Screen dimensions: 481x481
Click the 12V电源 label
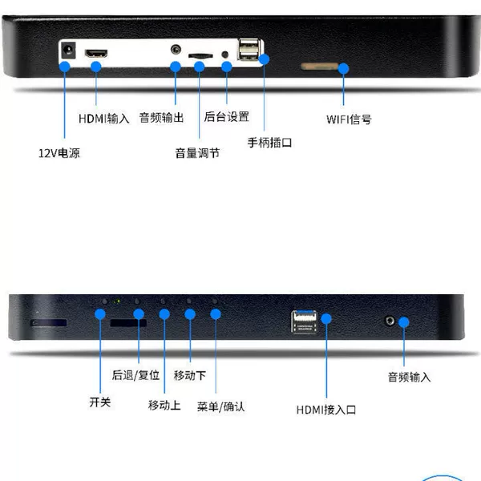tap(59, 153)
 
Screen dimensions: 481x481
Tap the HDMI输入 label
tap(103, 119)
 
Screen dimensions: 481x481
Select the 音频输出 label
tap(161, 118)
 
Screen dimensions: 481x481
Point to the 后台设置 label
tap(226, 116)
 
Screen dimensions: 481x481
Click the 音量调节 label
tap(197, 153)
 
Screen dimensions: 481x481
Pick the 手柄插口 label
tap(269, 143)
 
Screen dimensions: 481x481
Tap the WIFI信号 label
tap(349, 119)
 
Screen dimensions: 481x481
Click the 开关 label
tap(99, 402)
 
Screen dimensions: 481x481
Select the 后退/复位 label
tap(135, 375)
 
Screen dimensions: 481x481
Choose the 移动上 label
tap(164, 405)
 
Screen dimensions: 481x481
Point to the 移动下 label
tap(189, 375)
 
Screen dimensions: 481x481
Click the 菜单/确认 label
tap(221, 406)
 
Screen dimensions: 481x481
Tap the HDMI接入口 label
tap(326, 410)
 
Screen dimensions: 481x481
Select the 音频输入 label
tap(409, 377)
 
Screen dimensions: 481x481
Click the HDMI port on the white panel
tap(96, 54)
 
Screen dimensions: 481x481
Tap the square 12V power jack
tap(68, 50)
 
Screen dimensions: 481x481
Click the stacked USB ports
tap(249, 49)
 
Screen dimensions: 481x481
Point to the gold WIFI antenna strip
tap(319, 67)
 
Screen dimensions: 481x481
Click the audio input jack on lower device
tap(390, 321)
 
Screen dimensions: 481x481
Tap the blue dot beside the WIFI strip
tap(344, 68)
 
